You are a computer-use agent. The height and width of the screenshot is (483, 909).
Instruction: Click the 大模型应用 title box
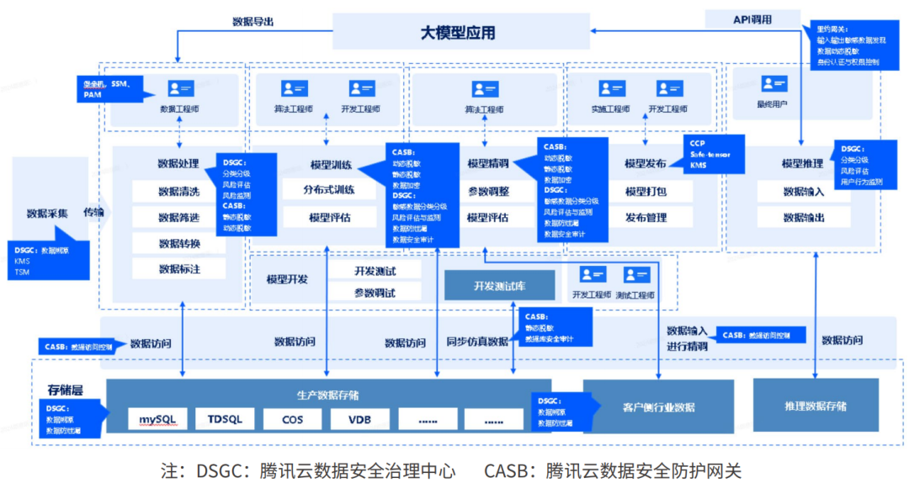[x=459, y=33]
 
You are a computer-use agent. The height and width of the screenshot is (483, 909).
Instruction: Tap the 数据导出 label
[x=252, y=22]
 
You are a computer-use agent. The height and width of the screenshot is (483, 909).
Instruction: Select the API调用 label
[x=752, y=19]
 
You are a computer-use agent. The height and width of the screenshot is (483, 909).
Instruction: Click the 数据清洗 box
[x=178, y=192]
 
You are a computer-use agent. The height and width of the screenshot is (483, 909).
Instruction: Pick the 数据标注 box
[x=178, y=269]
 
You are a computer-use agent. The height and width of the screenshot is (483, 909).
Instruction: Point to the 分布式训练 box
[x=329, y=191]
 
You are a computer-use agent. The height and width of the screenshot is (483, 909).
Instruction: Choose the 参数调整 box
[x=488, y=191]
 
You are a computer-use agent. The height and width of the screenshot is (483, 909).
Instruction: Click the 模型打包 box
[x=646, y=191]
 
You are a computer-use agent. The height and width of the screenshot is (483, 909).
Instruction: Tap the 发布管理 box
[x=646, y=217]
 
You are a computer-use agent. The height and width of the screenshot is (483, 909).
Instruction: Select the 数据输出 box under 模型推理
[x=803, y=217]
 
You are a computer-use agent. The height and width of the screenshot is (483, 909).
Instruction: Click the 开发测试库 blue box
[x=499, y=285]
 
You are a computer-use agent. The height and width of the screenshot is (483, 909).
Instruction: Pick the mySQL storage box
[x=157, y=419]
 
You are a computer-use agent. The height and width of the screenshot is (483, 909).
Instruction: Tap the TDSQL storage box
[x=224, y=419]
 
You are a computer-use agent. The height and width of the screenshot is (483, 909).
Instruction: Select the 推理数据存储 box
[x=815, y=406]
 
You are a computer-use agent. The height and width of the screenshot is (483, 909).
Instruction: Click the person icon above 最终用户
[x=773, y=84]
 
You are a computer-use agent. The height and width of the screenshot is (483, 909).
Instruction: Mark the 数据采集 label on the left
[x=47, y=213]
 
